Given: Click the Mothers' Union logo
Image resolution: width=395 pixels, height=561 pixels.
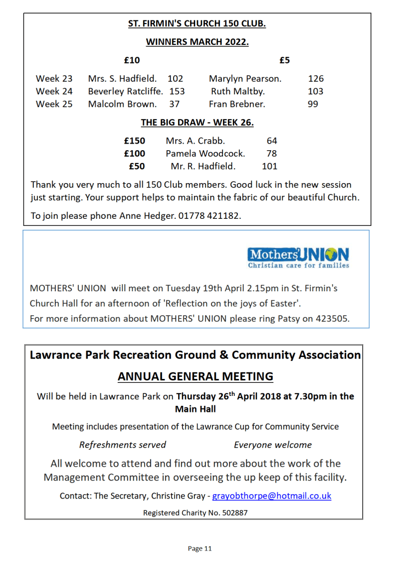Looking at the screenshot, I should click(x=298, y=258).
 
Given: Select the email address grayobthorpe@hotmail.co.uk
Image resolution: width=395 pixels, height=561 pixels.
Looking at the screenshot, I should click(x=272, y=496).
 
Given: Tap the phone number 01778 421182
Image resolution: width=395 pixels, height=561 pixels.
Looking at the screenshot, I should click(x=209, y=216).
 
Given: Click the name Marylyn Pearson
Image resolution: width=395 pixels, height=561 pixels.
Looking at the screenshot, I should click(x=244, y=78).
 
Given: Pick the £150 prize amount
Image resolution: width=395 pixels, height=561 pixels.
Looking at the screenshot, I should click(x=134, y=141).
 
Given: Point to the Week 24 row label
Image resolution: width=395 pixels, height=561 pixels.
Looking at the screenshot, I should click(x=54, y=92).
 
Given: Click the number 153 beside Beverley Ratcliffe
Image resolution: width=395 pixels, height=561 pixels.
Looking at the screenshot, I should click(x=177, y=92).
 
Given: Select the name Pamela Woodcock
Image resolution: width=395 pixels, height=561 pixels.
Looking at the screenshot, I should click(x=205, y=154).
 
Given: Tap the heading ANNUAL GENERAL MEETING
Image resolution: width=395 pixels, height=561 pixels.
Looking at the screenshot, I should click(x=195, y=376).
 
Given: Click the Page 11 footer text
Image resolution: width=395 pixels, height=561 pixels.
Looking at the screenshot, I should click(x=199, y=548).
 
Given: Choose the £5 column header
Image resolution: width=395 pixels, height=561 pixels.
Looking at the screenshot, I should click(x=284, y=60).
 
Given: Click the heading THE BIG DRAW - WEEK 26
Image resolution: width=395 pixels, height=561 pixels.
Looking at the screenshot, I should click(x=197, y=122).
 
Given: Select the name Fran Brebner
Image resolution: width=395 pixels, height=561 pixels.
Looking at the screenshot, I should click(x=237, y=104).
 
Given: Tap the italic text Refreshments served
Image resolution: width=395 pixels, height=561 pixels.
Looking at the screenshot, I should click(x=122, y=445).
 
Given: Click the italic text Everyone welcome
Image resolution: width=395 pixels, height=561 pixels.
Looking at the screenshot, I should click(x=272, y=445).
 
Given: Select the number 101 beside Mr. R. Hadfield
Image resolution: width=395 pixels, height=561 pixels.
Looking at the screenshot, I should click(x=270, y=166).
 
